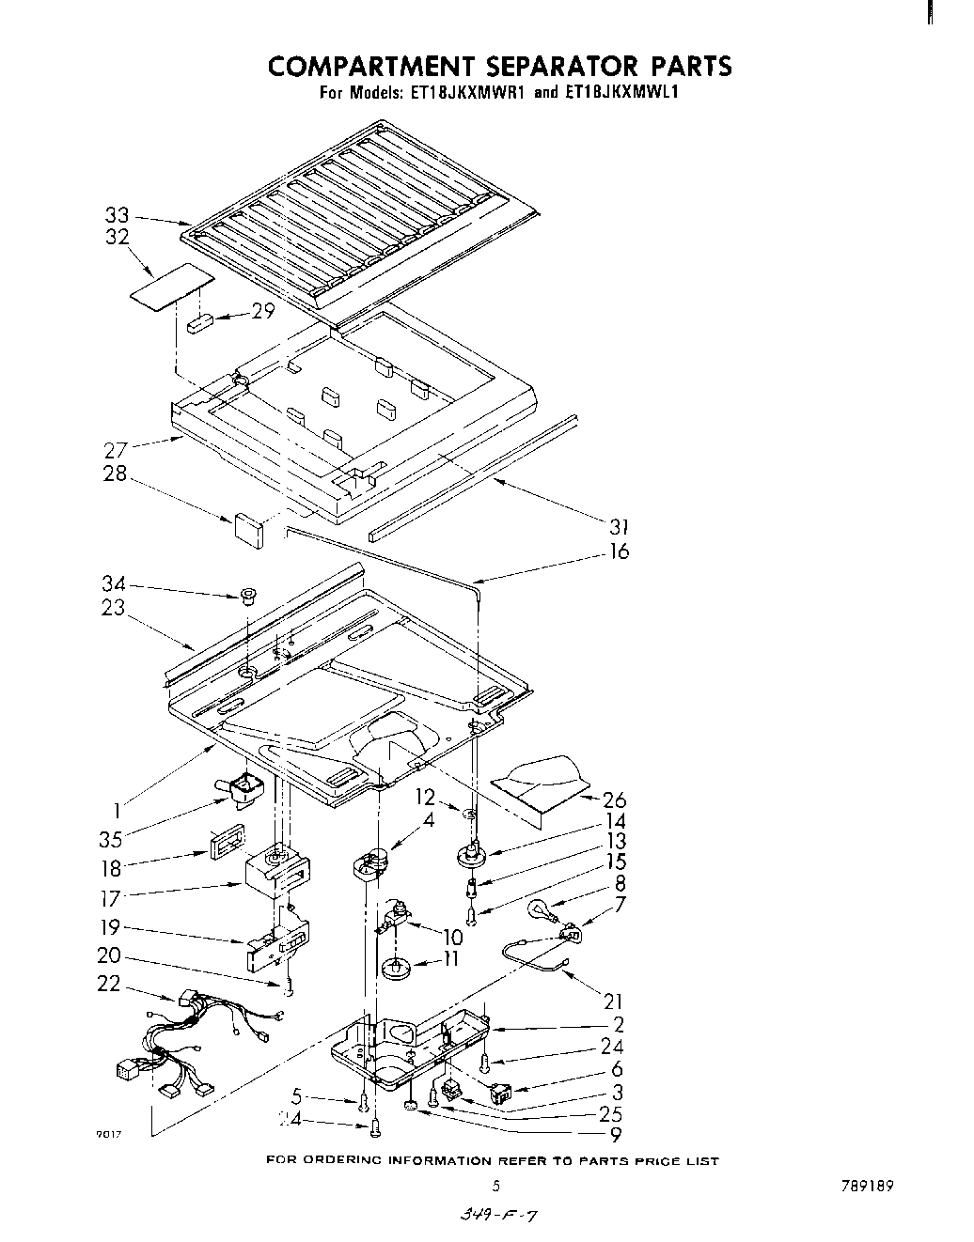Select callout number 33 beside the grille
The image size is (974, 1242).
[116, 216]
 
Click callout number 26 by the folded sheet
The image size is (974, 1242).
[615, 800]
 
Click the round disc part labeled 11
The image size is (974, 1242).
[398, 968]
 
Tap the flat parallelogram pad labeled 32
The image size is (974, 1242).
[171, 283]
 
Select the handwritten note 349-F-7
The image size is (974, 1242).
[496, 1217]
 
